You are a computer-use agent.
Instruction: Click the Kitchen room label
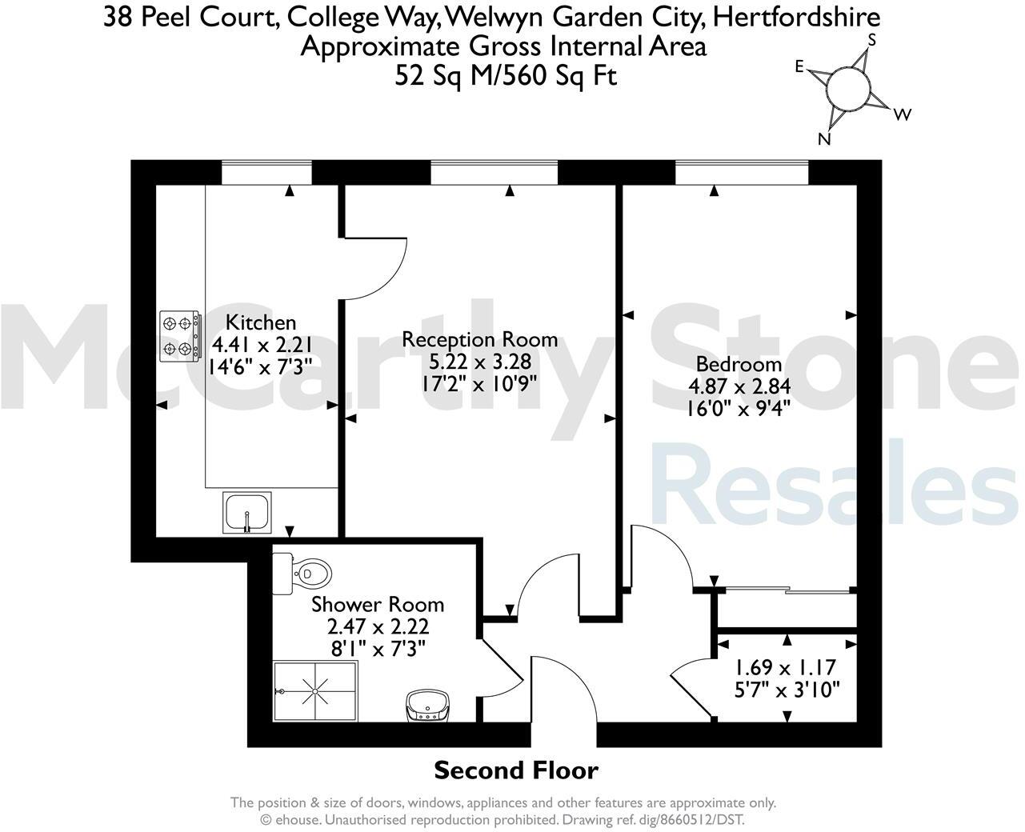click(x=261, y=322)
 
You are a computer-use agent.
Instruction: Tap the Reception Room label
click(x=479, y=339)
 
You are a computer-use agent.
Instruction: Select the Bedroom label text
click(x=739, y=364)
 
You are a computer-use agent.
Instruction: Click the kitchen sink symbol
click(x=248, y=512)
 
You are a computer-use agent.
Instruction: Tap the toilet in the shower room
click(x=304, y=574)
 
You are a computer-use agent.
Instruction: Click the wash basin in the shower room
click(x=427, y=706)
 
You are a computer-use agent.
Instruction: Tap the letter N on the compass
click(x=823, y=140)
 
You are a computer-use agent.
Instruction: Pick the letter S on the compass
click(x=872, y=39)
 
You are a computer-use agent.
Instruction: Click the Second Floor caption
click(x=515, y=770)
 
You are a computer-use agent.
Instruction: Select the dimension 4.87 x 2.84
click(x=739, y=386)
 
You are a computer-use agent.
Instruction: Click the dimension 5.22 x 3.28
click(x=479, y=362)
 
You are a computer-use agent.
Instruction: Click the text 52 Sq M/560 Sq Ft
click(x=506, y=76)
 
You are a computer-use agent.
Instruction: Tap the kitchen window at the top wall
click(x=266, y=172)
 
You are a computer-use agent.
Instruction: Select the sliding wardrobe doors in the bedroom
click(x=787, y=591)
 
